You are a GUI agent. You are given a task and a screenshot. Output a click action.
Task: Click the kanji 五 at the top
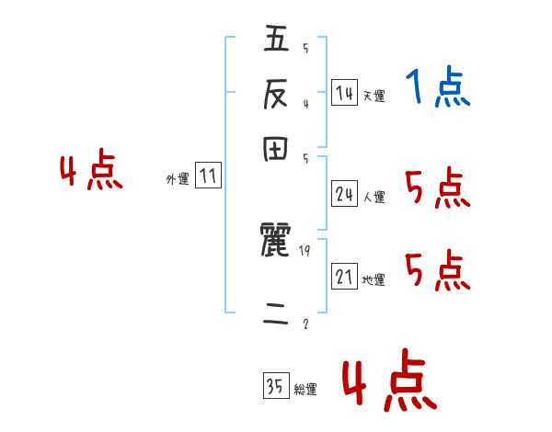coord(276,40)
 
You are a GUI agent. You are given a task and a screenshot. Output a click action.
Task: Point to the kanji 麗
coord(276,243)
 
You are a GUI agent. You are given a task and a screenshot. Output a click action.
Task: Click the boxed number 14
coord(344,93)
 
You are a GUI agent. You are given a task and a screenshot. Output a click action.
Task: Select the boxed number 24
coord(344,194)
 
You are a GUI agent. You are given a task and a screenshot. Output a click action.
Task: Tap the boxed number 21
coord(344,277)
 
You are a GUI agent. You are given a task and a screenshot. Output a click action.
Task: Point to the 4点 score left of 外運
coord(91,173)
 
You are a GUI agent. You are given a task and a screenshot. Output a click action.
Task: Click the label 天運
coord(374,96)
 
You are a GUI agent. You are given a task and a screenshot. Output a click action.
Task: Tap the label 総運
coord(305,390)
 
